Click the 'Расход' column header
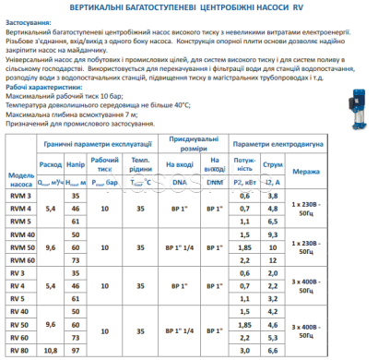52,167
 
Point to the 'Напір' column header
76,167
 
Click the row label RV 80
19,351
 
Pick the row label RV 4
18,287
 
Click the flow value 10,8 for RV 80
52,351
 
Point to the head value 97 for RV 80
76,351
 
